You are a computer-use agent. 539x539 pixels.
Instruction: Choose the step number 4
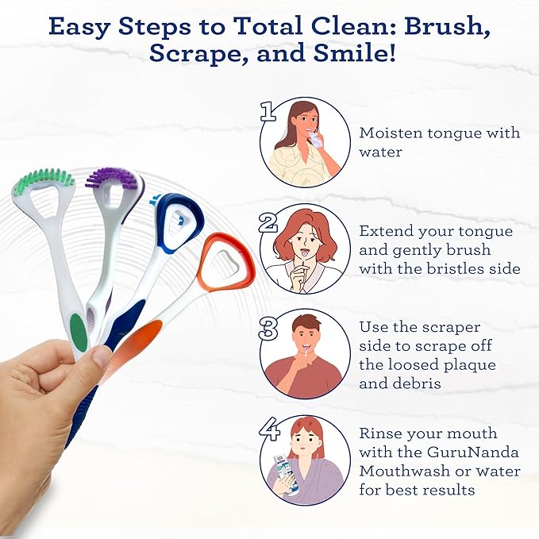[x=268, y=429]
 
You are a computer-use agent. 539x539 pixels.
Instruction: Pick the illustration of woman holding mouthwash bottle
[x=306, y=460]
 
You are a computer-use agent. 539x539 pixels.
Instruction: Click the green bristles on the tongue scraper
[x=43, y=178]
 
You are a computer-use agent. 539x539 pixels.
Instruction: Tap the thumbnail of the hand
[x=101, y=356]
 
